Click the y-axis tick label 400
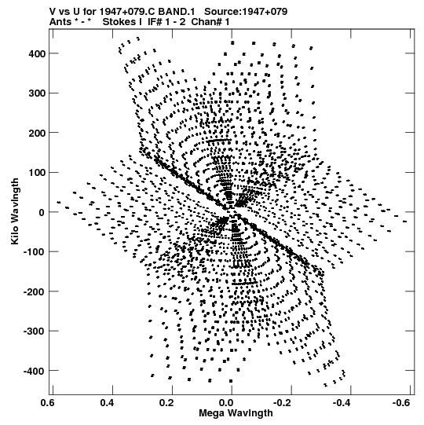pos(37,53)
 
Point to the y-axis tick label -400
pos(35,371)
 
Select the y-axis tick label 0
pos(42,212)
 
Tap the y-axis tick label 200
pos(37,133)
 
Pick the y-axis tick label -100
pos(35,252)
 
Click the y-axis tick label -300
pos(35,332)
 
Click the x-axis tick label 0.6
pos(49,403)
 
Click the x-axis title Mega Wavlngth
pos(236,413)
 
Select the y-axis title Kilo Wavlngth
pos(15,211)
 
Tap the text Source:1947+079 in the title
pos(246,12)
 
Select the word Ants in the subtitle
pos(60,22)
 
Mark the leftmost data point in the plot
pos(59,202)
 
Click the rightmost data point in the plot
pos(405,222)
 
